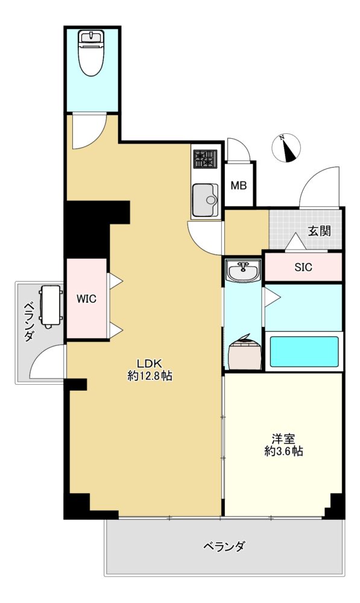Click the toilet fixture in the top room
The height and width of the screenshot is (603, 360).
pyautogui.click(x=92, y=54)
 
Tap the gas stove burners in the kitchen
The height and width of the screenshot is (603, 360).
pyautogui.click(x=206, y=159)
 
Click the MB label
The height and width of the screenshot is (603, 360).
pyautogui.click(x=238, y=186)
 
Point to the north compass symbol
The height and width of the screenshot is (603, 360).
pyautogui.click(x=286, y=148)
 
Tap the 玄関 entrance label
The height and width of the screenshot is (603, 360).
pyautogui.click(x=320, y=231)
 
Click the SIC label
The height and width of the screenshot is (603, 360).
pyautogui.click(x=303, y=267)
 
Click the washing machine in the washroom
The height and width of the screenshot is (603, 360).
pyautogui.click(x=245, y=353)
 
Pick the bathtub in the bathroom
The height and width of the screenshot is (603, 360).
pyautogui.click(x=304, y=352)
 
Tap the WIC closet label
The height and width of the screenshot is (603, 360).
pyautogui.click(x=87, y=299)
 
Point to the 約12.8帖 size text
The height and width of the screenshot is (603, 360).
pyautogui.click(x=150, y=376)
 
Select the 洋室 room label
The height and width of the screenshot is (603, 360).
pyautogui.click(x=283, y=438)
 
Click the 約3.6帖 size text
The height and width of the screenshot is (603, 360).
pyautogui.click(x=283, y=451)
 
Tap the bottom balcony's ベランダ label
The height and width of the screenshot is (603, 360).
pyautogui.click(x=224, y=546)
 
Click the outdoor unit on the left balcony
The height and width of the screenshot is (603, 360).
pyautogui.click(x=51, y=306)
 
